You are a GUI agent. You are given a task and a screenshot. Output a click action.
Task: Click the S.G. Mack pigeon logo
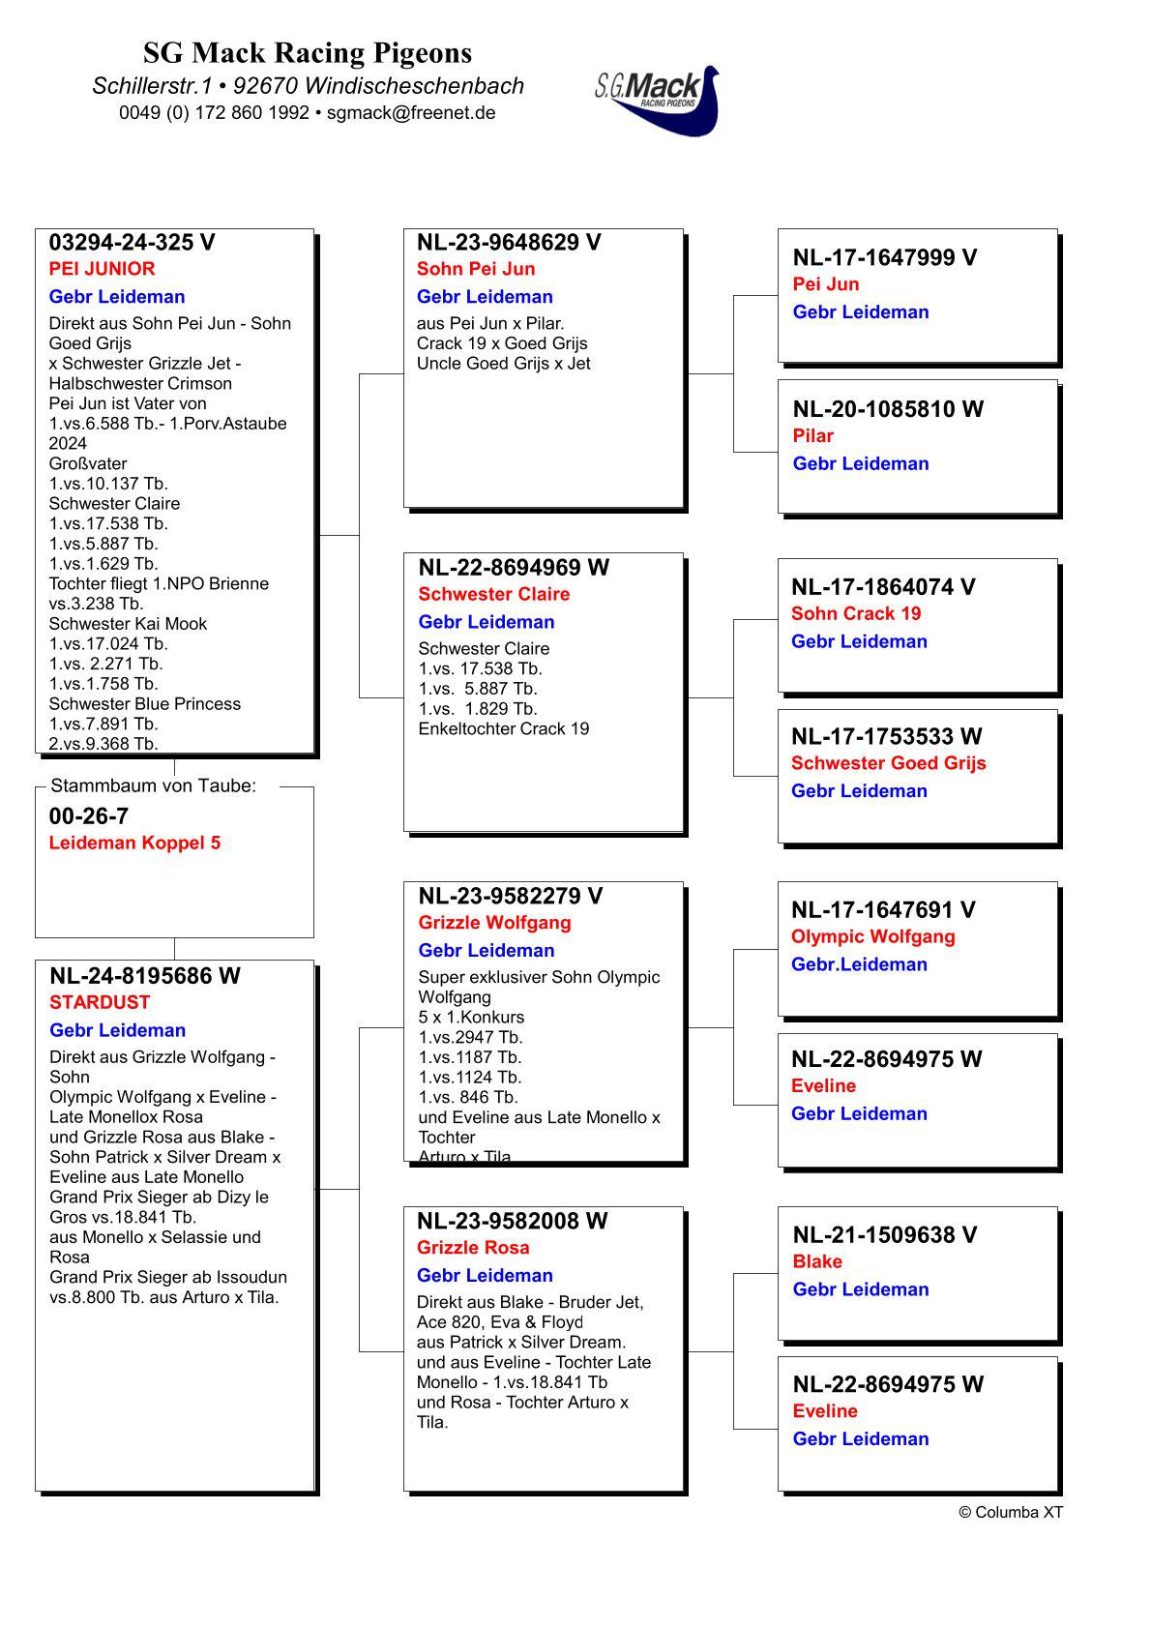click(x=658, y=99)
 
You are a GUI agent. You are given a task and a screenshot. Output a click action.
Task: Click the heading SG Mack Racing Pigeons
click(x=308, y=52)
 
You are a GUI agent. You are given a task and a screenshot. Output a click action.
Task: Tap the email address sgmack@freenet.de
click(x=411, y=112)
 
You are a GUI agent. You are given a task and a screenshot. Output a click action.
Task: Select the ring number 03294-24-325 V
click(x=133, y=243)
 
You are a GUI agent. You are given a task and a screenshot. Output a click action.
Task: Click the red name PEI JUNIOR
click(x=102, y=269)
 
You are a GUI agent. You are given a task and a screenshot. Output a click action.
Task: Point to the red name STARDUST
click(x=100, y=1002)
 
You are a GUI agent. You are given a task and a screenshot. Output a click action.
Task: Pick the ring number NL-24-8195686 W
click(x=145, y=976)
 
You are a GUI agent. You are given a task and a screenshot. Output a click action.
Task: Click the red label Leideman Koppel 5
click(x=134, y=843)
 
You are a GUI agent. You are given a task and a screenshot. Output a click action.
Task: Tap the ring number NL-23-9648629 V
click(x=509, y=243)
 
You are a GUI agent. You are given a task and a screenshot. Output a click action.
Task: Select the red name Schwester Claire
click(x=493, y=594)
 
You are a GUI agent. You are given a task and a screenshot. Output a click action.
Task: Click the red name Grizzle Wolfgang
click(x=494, y=923)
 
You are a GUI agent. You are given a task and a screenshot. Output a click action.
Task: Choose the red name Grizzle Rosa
click(x=473, y=1248)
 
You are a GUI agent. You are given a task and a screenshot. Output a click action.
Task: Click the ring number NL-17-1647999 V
click(x=884, y=257)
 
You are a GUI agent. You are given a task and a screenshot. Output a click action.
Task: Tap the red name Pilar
click(x=812, y=436)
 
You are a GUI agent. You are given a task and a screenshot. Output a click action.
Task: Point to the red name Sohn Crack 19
click(x=856, y=613)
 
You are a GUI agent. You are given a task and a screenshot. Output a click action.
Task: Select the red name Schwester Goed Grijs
click(x=888, y=763)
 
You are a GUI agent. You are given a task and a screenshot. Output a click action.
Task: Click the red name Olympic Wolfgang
click(x=872, y=936)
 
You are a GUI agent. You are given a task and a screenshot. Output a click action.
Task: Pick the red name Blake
click(x=817, y=1261)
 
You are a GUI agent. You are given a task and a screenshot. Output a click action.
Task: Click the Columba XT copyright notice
click(x=1010, y=1512)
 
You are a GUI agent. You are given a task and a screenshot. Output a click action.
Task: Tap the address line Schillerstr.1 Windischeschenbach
click(x=308, y=85)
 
